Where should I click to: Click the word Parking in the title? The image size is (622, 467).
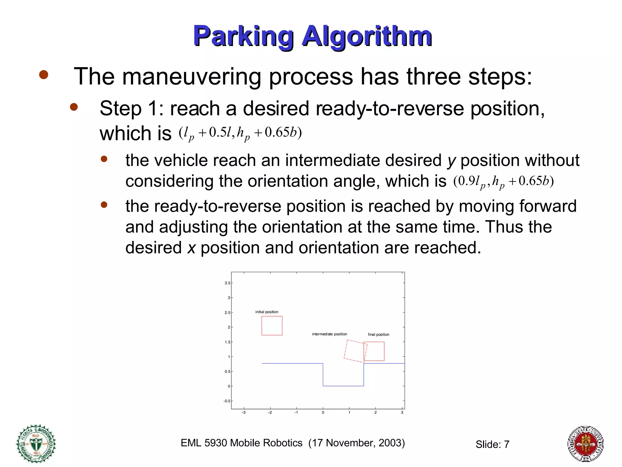coord(243,36)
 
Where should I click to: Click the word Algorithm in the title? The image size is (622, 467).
coord(367,36)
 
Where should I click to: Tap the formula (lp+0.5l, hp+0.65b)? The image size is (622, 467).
coord(240,133)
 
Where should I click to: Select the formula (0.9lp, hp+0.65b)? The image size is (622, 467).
coord(504,182)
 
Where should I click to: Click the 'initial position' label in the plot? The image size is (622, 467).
coord(267,312)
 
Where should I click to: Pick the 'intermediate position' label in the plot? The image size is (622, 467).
coord(329,334)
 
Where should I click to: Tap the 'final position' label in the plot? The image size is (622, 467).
coord(378,334)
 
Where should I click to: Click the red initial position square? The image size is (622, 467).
coord(272,326)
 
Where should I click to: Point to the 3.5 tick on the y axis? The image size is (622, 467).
coord(227,283)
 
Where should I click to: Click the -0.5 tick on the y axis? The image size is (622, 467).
coord(227,401)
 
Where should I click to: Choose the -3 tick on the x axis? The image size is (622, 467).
coord(244,413)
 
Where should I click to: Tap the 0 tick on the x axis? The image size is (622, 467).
coord(323,413)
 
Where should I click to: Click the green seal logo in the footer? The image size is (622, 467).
coord(36,444)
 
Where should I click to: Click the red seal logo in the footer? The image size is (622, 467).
coord(585,444)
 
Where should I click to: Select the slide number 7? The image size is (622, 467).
coord(506,445)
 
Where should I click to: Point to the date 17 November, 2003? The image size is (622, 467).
coord(357,443)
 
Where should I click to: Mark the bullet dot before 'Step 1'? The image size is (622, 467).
coord(74,107)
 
